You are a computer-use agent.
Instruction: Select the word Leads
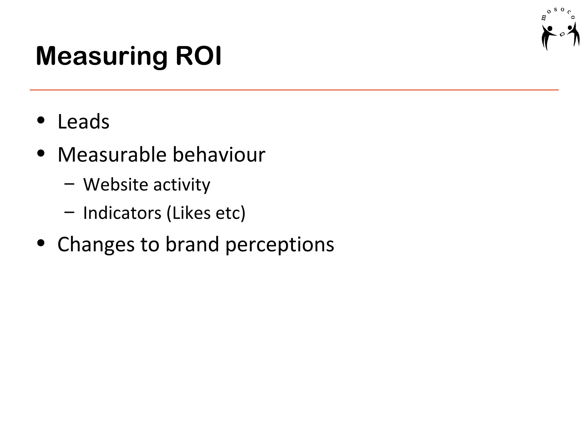(83, 122)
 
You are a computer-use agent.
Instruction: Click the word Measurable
(112, 155)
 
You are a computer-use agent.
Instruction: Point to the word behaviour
(219, 155)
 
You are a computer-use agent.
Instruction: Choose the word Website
(116, 184)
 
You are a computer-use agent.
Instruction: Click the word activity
(182, 185)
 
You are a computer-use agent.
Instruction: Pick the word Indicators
(122, 213)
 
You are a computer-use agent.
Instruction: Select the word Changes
(96, 245)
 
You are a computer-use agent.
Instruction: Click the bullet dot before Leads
(41, 120)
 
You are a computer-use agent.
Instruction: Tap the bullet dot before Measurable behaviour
(41, 153)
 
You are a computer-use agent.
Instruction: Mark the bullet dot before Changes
(41, 243)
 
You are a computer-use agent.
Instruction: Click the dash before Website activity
(69, 183)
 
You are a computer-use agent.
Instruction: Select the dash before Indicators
(69, 212)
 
